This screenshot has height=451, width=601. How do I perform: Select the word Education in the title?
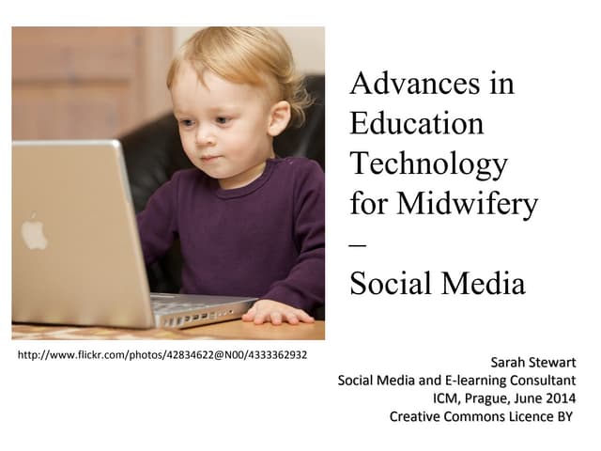click(x=416, y=124)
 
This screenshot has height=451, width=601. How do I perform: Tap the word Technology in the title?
click(x=428, y=164)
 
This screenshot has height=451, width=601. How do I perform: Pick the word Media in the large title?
click(x=483, y=284)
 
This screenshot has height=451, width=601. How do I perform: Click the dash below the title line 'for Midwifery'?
click(x=358, y=244)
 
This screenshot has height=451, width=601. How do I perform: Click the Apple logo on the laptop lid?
click(x=35, y=233)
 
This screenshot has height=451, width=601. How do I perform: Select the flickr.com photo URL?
click(x=162, y=355)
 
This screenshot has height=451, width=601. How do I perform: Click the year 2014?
click(x=559, y=398)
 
